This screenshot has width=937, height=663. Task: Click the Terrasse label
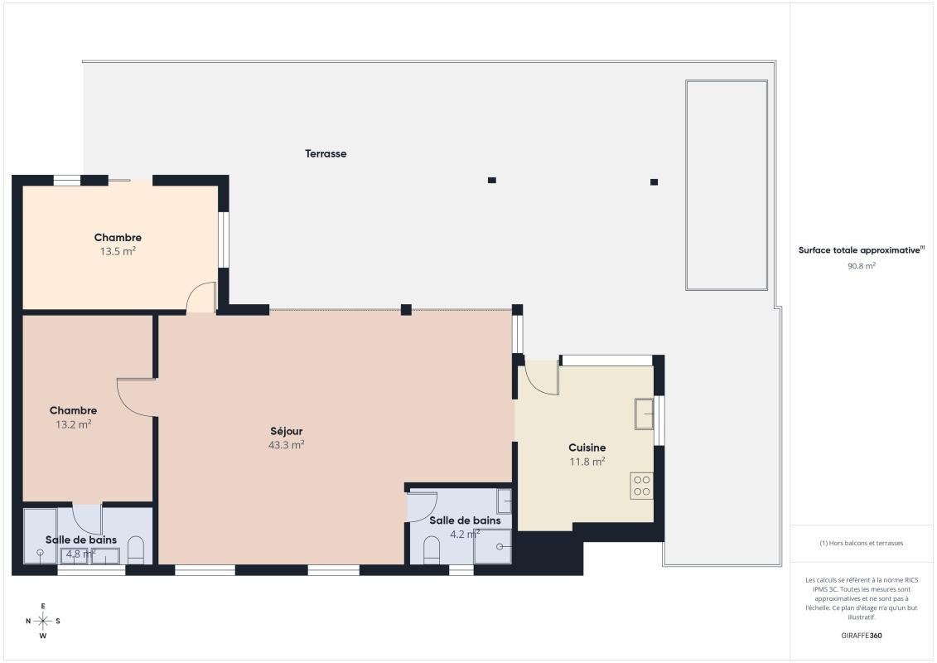coord(326,153)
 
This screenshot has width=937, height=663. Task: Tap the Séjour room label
coord(287,431)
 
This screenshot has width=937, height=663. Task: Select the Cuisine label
coord(587,448)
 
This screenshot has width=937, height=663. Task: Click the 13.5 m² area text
coord(118,251)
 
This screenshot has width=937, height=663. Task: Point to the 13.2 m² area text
coord(74,424)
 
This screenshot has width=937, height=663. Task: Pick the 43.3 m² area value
coord(287,445)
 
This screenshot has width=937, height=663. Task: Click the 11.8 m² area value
coord(587,462)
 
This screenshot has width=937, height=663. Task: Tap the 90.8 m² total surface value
coord(861,266)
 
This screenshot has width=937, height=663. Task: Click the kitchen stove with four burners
coord(642,486)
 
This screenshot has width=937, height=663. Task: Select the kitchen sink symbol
coord(645,414)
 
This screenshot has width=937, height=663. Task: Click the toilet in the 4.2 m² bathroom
coord(432,550)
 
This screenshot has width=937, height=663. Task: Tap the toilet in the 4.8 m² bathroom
coord(136,550)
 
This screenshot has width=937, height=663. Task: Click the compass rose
coord(43,622)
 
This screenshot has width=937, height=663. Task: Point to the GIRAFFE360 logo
coord(861,636)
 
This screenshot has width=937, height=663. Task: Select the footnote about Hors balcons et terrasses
coord(861,543)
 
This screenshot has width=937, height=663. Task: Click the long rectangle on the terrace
coord(727,186)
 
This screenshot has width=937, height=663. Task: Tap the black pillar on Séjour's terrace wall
coord(406,310)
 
